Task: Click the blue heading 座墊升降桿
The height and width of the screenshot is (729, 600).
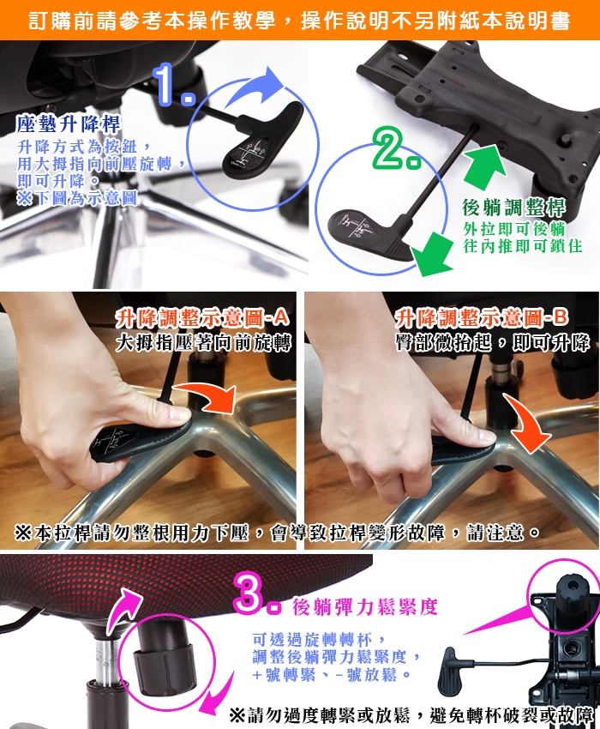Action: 69,124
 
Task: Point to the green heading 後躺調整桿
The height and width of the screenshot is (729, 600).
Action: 513,208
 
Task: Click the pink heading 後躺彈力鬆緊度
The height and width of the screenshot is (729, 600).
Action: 365,607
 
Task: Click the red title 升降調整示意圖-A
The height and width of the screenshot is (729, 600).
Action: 202,318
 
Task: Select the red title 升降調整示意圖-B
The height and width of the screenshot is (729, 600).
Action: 482,318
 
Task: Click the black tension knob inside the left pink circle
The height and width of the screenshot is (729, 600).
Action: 163,656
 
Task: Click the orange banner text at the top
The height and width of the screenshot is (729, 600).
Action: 300,21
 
